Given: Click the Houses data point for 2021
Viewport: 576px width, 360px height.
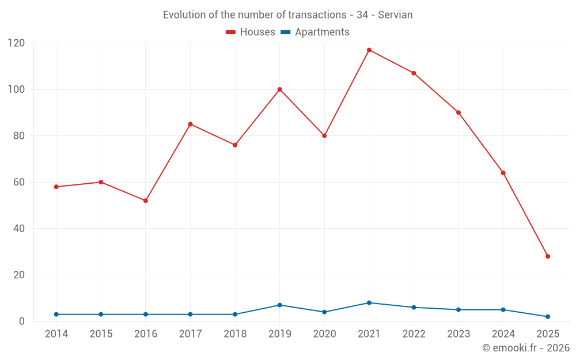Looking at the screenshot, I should tap(369, 50).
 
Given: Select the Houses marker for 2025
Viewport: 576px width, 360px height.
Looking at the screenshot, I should tap(548, 256).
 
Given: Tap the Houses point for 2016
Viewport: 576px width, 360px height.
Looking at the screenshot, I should tap(146, 200).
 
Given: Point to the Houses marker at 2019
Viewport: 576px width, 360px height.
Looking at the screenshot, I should tap(280, 89).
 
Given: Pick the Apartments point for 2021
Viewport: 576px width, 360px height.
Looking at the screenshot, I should tap(369, 302).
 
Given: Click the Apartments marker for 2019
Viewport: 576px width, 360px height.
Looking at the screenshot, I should tap(280, 305).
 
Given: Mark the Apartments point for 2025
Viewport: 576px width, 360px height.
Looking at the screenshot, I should tap(548, 316).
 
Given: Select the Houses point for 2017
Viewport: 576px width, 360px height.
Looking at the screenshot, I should tap(190, 124).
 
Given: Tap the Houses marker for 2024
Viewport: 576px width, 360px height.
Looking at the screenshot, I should tap(503, 173).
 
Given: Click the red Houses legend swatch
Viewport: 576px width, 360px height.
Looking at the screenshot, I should tap(230, 32).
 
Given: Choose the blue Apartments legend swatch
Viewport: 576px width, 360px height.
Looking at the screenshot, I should tap(285, 32).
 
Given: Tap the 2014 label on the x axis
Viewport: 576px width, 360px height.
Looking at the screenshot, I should tap(56, 334).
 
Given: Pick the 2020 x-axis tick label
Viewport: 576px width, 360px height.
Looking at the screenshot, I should tap(324, 334).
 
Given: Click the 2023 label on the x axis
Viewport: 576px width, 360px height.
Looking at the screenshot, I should tap(458, 334).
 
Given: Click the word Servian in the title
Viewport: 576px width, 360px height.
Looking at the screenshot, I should tap(395, 15).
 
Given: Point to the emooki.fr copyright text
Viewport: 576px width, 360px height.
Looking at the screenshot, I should tap(526, 348).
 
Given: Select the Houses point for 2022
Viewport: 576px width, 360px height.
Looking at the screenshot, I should tap(414, 73).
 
